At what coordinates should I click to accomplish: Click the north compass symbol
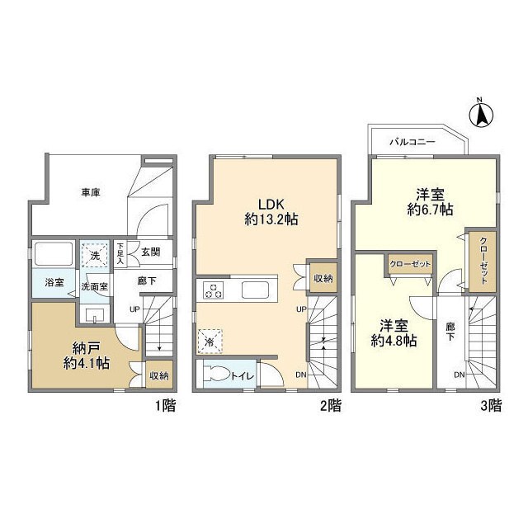(x=481, y=114)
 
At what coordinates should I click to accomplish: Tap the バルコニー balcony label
(x=412, y=142)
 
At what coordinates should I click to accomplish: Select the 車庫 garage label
(x=91, y=192)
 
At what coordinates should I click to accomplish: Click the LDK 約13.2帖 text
(x=271, y=212)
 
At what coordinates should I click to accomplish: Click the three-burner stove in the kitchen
(x=213, y=290)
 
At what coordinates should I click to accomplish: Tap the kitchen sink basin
(x=255, y=290)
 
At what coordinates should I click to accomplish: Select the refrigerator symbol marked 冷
(x=210, y=342)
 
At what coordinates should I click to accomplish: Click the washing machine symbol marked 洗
(x=95, y=256)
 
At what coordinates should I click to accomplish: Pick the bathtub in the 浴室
(x=54, y=254)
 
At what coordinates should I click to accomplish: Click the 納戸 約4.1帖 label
(x=86, y=356)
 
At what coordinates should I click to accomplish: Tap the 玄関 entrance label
(x=150, y=252)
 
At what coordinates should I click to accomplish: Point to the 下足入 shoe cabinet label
(x=120, y=253)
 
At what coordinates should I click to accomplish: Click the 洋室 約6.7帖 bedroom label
(x=430, y=202)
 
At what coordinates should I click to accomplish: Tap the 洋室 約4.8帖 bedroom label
(x=394, y=333)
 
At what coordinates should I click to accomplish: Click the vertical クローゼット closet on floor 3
(x=483, y=262)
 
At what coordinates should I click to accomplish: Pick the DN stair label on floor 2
(x=300, y=375)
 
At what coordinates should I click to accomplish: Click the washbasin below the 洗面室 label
(x=95, y=315)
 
